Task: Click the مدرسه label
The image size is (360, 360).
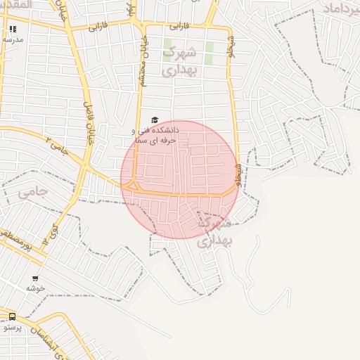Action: pyautogui.click(x=13, y=39)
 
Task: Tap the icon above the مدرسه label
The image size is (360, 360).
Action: pyautogui.click(x=13, y=30)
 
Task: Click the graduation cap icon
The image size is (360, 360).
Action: pyautogui.click(x=155, y=120)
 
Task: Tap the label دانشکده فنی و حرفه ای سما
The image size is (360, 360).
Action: pyautogui.click(x=155, y=135)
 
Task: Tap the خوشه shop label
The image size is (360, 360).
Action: pyautogui.click(x=35, y=288)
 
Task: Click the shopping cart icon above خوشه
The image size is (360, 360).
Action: pyautogui.click(x=35, y=278)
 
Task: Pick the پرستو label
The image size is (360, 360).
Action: pyautogui.click(x=12, y=328)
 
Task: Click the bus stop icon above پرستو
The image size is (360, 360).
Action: pyautogui.click(x=12, y=317)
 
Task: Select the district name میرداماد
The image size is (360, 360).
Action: pyautogui.click(x=340, y=8)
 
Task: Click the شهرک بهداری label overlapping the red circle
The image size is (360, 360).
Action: pyautogui.click(x=215, y=232)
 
